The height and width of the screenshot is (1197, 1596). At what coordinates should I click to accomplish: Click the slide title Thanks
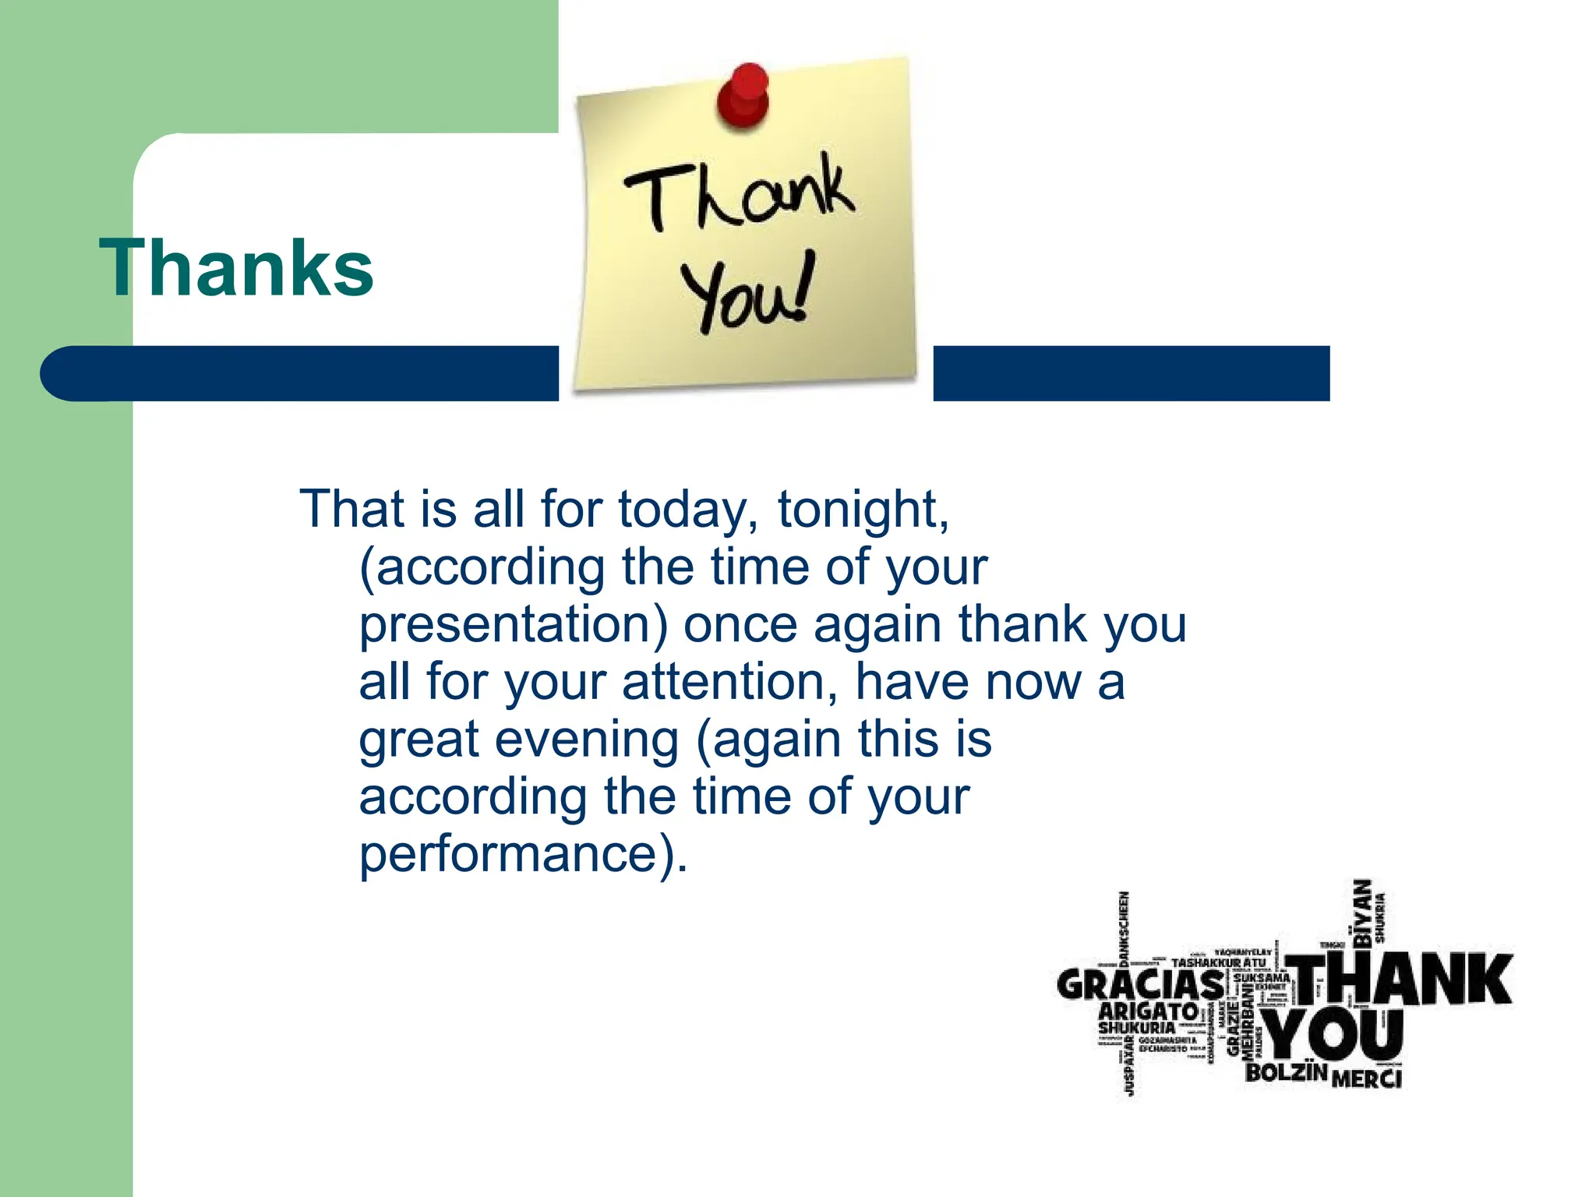[x=237, y=267]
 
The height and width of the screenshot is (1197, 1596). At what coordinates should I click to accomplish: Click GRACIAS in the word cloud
[x=1141, y=985]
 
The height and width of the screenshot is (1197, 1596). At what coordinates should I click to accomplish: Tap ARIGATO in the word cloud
[x=1148, y=1012]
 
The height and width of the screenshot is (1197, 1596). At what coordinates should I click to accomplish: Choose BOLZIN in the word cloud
[x=1286, y=1073]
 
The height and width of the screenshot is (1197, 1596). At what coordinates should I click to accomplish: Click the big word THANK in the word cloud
[x=1400, y=980]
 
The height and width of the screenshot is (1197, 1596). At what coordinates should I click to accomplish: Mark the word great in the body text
[x=418, y=739]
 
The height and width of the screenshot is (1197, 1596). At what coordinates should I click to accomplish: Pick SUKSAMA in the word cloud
[x=1260, y=977]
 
